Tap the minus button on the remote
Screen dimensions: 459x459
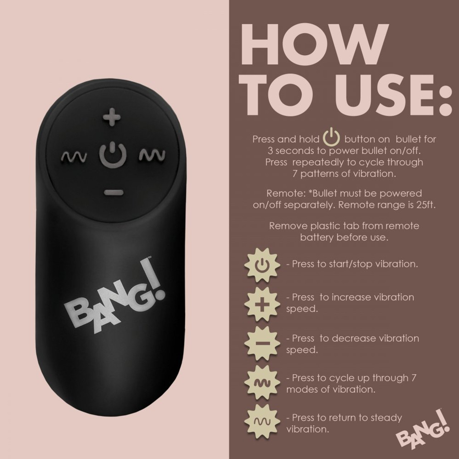click(114, 193)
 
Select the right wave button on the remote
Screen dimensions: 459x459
click(152, 155)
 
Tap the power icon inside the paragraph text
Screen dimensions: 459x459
click(332, 138)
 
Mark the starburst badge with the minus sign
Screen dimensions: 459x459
click(262, 344)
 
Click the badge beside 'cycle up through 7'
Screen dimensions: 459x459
click(262, 383)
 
